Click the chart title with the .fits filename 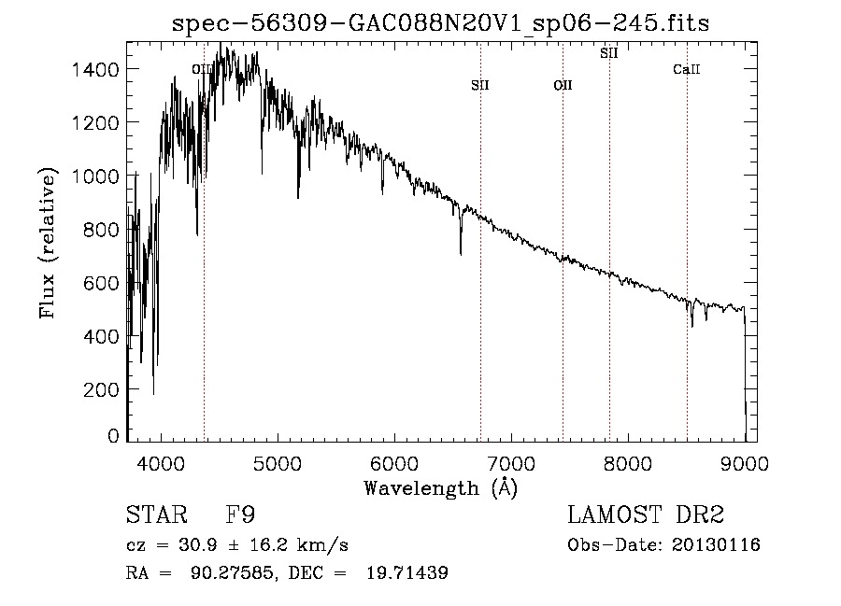(x=441, y=23)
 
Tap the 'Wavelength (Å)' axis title (x=440, y=487)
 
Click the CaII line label (x=687, y=70)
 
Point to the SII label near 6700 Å (x=480, y=86)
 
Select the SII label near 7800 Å (x=609, y=53)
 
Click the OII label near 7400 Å (x=563, y=86)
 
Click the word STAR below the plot (x=155, y=515)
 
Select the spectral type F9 (x=241, y=515)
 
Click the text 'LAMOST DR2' (x=646, y=515)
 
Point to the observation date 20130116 (x=717, y=545)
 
